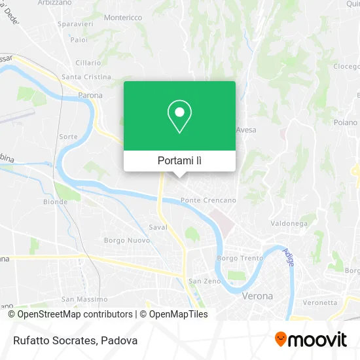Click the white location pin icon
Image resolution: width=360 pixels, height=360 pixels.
[x=179, y=117]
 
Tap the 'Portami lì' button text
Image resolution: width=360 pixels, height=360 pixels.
[x=179, y=160]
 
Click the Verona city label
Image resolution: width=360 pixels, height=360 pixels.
[x=257, y=296]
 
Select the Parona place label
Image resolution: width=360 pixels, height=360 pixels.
[x=91, y=95]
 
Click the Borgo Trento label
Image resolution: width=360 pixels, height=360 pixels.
[x=240, y=258]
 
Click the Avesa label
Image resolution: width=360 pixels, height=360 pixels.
[x=245, y=129]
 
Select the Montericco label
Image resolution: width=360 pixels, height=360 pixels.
[x=123, y=18]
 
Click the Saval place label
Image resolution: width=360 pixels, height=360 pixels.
[x=158, y=228]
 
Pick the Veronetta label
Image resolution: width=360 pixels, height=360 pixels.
[x=319, y=302]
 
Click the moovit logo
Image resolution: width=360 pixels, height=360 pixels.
[x=310, y=340]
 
